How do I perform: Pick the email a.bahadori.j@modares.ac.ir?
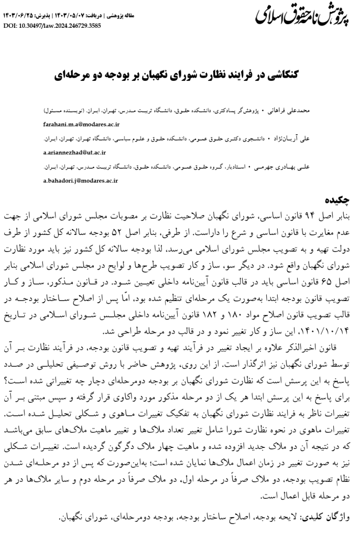click(80, 181)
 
